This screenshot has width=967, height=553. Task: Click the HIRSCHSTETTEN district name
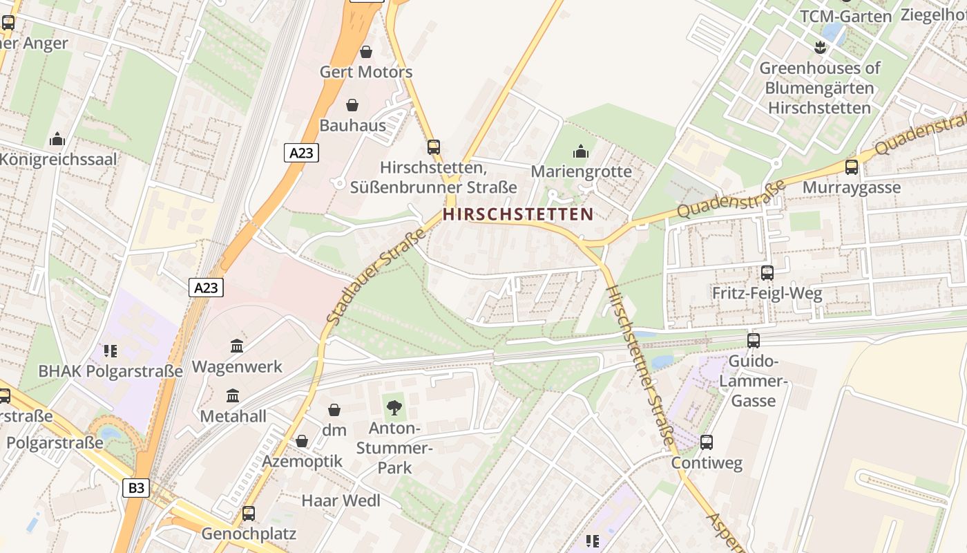tap(518, 214)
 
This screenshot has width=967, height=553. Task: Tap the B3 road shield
tap(137, 488)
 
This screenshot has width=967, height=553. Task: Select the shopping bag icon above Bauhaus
tap(352, 105)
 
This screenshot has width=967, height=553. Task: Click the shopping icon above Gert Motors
tap(366, 52)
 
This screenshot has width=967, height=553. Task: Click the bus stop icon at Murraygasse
tap(852, 167)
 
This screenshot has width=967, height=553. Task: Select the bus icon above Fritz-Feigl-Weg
tap(767, 273)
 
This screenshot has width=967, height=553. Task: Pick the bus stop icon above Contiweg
tap(707, 442)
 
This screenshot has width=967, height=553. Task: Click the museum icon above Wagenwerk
tap(237, 346)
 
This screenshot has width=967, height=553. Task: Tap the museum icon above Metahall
tap(233, 396)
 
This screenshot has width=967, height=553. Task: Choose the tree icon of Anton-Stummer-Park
tap(394, 407)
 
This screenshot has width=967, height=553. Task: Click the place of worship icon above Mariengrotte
tap(582, 151)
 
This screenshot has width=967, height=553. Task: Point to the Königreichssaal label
tap(58, 159)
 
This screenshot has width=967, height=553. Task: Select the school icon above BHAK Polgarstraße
tap(111, 351)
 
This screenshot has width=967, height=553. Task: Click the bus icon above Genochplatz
tap(249, 514)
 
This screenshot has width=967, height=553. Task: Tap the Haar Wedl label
tap(341, 500)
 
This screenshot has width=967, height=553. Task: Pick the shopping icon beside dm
tap(334, 410)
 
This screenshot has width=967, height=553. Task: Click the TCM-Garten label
tap(845, 16)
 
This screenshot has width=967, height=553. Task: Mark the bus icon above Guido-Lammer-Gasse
tap(754, 340)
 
